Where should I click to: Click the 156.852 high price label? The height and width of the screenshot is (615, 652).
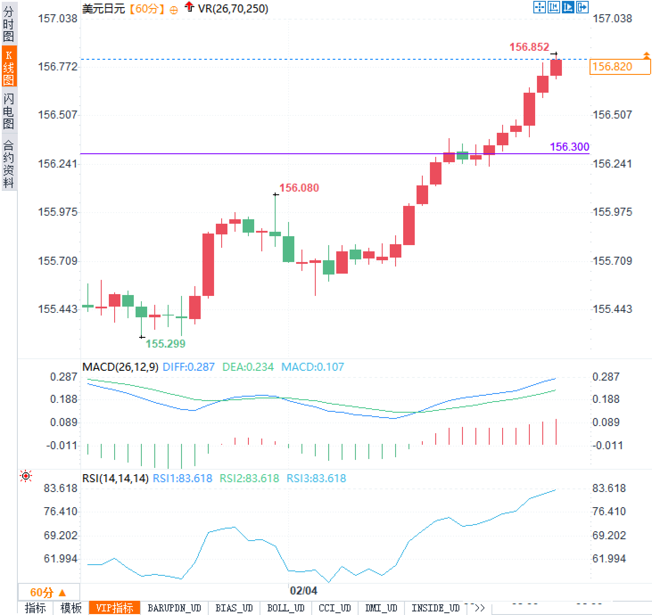point(529,47)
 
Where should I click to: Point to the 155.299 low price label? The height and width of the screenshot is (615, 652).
point(165,344)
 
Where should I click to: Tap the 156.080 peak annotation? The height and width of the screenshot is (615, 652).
point(299,188)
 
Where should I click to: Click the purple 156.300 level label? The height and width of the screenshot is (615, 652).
point(569,147)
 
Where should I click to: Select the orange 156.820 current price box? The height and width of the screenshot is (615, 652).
point(619,67)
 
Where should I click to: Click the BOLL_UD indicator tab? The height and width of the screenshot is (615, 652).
point(285,608)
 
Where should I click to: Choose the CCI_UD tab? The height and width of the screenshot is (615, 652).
point(334,608)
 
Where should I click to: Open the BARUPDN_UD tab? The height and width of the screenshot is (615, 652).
point(174,608)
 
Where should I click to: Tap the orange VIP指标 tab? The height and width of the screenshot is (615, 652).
point(115,608)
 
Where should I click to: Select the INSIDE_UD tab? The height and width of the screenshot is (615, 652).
point(435,608)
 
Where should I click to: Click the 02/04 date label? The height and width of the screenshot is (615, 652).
point(303,590)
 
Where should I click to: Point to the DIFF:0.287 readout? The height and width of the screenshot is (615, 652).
point(189,367)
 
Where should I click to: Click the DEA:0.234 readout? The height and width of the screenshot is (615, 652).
point(248,367)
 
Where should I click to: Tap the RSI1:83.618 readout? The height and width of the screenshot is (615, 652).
point(182,478)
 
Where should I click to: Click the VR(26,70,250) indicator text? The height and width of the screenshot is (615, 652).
point(233,8)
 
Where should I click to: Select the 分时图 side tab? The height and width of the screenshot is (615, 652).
point(8,24)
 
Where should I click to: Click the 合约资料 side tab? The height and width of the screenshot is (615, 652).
point(8,164)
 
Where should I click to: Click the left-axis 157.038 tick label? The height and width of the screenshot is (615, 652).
point(58,19)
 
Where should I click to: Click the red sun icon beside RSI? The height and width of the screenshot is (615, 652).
point(26,476)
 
